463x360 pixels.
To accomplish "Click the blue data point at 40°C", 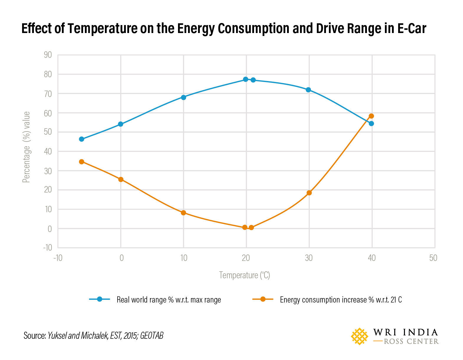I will [x=371, y=124].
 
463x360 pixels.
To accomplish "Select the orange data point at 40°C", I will [x=371, y=116].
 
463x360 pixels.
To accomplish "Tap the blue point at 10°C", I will [x=183, y=97].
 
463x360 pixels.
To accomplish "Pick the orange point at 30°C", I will [x=309, y=193].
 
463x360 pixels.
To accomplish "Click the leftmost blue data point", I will [x=82, y=139].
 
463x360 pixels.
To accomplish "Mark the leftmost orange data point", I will [x=82, y=162].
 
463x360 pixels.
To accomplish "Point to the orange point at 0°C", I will [x=121, y=179].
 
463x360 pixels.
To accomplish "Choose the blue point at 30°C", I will [x=308, y=90].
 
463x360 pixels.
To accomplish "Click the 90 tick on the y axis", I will [x=48, y=55].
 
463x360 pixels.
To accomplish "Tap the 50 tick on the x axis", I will [x=433, y=258].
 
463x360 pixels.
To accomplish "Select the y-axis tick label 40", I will [x=48, y=152].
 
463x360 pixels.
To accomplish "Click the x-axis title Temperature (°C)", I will [x=244, y=275].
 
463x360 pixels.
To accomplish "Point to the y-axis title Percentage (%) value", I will [x=27, y=147].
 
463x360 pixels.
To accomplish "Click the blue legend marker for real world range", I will [x=99, y=299].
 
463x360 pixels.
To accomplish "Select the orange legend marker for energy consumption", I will [x=263, y=299].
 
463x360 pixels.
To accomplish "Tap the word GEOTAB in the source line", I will [x=151, y=336].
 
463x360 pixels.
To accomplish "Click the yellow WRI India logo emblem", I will [x=359, y=336].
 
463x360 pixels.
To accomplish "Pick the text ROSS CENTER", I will [x=411, y=341].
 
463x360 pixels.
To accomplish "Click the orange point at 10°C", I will [x=183, y=213].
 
